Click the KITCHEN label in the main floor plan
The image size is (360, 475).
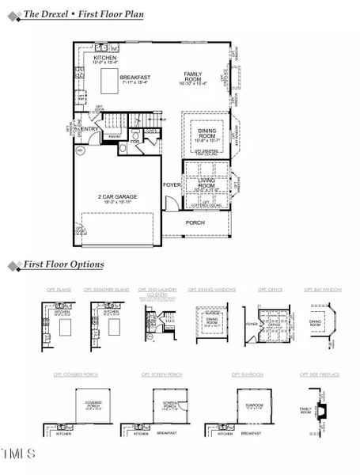tap(105, 58)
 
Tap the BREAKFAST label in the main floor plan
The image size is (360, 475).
tap(135, 78)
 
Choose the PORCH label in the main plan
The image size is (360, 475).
tap(195, 222)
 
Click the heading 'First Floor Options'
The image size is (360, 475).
tap(63, 264)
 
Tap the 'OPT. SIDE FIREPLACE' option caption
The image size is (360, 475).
tap(320, 374)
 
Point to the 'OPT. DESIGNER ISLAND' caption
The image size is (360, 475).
tap(107, 291)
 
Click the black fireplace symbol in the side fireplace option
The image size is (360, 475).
tap(321, 410)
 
